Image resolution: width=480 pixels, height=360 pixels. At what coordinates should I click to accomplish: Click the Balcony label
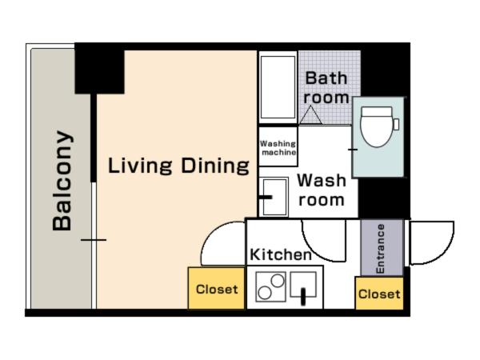point(62,181)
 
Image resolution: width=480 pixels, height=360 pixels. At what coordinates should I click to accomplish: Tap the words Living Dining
point(178,166)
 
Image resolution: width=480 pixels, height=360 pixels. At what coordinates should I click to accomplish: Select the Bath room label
point(326,88)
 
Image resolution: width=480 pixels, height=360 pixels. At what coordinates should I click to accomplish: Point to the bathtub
point(278,87)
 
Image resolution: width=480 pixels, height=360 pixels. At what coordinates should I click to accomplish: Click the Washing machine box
point(278,146)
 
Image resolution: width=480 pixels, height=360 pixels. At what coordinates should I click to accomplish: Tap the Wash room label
point(322,190)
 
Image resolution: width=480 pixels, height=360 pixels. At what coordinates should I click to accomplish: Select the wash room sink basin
point(274,197)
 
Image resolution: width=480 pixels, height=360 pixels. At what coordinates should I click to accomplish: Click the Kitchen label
point(281,254)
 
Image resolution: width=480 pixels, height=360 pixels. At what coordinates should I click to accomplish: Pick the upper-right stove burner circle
point(278,281)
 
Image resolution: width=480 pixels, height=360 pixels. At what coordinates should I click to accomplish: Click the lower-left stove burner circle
point(265,293)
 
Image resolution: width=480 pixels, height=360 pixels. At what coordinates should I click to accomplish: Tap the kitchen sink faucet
point(303,296)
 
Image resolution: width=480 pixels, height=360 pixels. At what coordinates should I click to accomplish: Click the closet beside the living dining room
point(217,288)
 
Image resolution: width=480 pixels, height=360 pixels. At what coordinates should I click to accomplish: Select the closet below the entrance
point(379,294)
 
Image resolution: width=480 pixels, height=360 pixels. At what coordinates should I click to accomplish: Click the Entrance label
point(380,249)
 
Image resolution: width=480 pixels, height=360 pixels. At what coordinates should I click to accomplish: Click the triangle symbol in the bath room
point(310,114)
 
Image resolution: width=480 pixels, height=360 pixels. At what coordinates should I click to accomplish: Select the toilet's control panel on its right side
point(396,124)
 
